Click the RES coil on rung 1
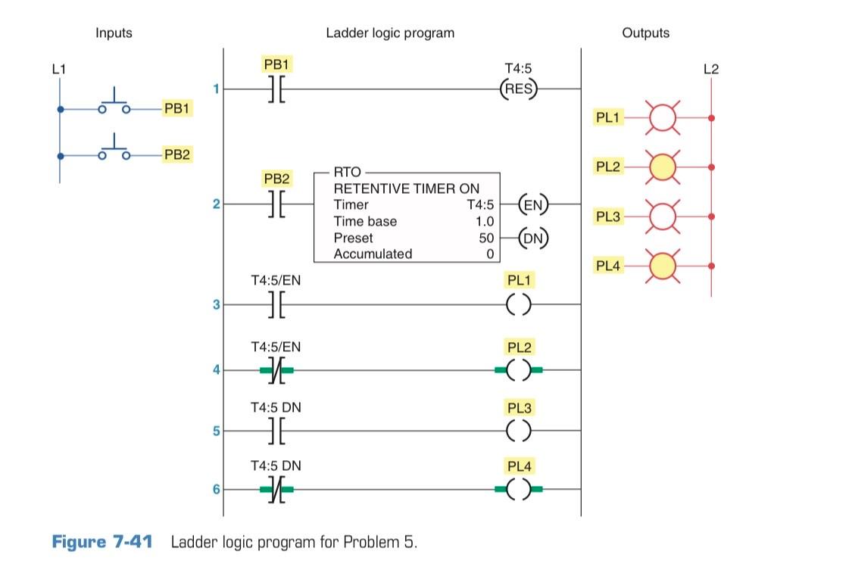pos(519,89)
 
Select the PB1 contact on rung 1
pos(276,89)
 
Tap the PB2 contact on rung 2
pos(276,204)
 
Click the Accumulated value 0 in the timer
pos(490,254)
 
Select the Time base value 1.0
pos(484,221)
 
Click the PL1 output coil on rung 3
pos(519,305)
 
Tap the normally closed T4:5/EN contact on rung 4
pos(276,370)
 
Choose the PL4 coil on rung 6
pos(519,490)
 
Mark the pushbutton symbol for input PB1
pos(114,104)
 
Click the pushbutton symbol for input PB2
pos(114,150)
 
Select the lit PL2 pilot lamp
pos(663,167)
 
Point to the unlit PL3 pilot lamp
pos(663,217)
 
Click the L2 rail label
pos(710,70)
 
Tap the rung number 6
pos(216,490)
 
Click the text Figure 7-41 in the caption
pos(101,542)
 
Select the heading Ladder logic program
pos(390,33)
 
